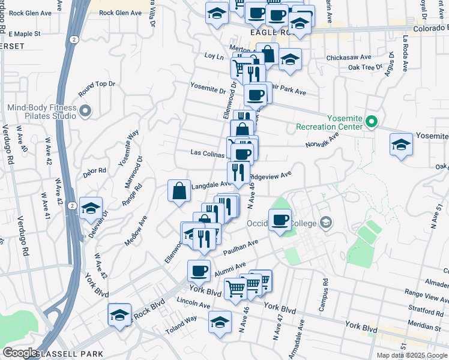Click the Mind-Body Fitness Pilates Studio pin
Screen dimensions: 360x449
pyautogui.click(x=85, y=111)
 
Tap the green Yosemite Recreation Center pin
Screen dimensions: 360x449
pyautogui.click(x=372, y=122)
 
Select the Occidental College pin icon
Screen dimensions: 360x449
pyautogui.click(x=325, y=223)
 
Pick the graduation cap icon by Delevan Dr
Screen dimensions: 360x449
pyautogui.click(x=90, y=208)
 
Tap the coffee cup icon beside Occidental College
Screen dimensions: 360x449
pyautogui.click(x=280, y=220)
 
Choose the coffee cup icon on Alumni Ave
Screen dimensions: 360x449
pyautogui.click(x=199, y=271)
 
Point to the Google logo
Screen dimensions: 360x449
pyautogui.click(x=20, y=353)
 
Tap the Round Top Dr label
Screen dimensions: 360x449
pyautogui.click(x=96, y=88)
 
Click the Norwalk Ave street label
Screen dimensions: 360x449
pyautogui.click(x=322, y=140)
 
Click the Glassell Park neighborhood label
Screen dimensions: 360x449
pyautogui.click(x=69, y=354)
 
